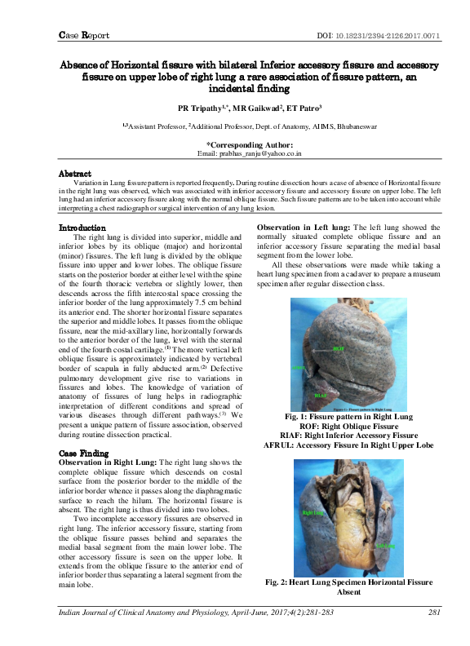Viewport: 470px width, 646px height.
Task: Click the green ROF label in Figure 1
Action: pyautogui.click(x=339, y=348)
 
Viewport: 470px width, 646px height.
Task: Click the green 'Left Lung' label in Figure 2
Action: pyautogui.click(x=385, y=545)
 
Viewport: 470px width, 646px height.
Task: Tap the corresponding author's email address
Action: pyautogui.click(x=251, y=153)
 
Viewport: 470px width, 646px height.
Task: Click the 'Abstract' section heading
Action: pyautogui.click(x=74, y=174)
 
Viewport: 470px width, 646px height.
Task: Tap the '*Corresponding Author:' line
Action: pyautogui.click(x=251, y=144)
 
